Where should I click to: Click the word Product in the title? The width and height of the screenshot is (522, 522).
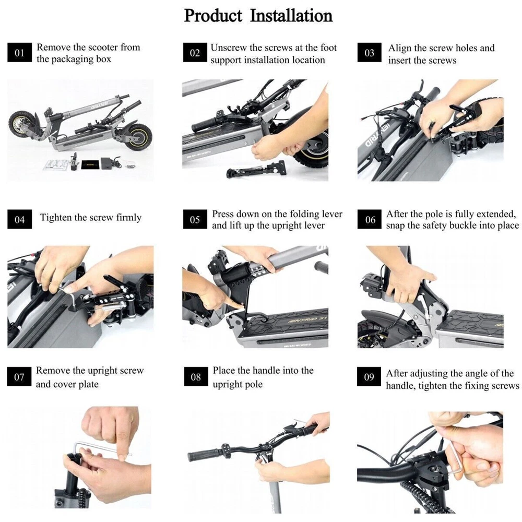coord(213,16)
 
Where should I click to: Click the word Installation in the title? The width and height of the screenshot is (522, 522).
coord(291,16)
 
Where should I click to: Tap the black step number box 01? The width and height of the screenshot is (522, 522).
coord(20,52)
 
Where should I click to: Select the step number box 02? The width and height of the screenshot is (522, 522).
coord(195,52)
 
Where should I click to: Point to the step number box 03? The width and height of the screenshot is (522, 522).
coord(369,52)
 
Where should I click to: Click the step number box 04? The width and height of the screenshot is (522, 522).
coord(20,219)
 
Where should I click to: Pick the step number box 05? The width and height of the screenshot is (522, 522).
coord(195,219)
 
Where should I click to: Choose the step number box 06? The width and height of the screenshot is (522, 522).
coord(370,219)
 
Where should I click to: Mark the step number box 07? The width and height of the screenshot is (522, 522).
coord(19,376)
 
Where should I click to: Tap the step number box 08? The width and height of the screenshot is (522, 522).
coord(196,376)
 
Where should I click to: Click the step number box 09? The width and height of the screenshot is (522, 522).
coord(369,376)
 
